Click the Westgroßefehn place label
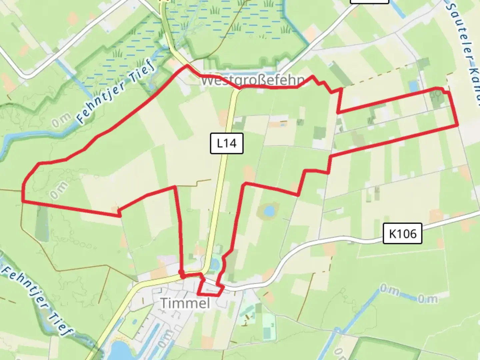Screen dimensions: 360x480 click(253, 80)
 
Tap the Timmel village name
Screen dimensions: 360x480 click(185, 303)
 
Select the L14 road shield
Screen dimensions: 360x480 click(227, 143)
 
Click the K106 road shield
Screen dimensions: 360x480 click(402, 234)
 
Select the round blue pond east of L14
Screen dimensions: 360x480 click(269, 211)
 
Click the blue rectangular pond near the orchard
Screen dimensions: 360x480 click(413, 86)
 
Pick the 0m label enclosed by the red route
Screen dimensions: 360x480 click(59, 190)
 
